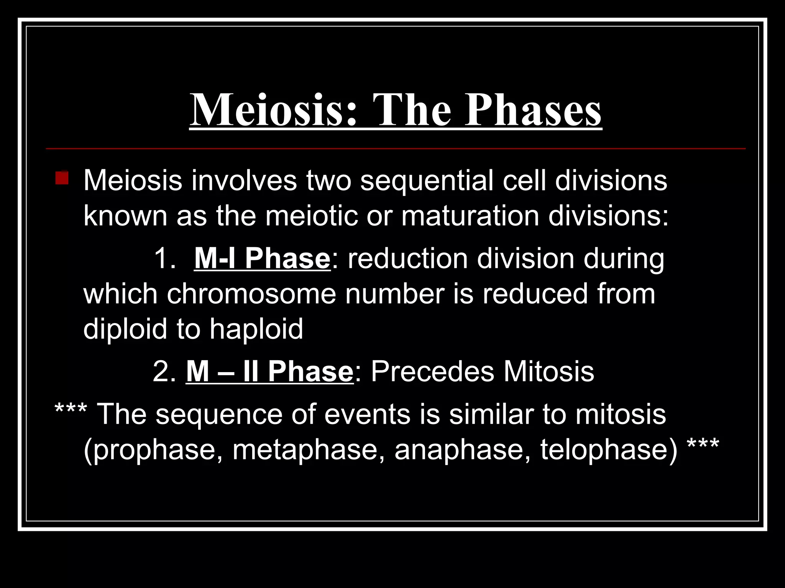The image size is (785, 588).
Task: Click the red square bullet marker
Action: coord(62,178)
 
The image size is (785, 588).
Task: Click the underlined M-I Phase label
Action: coord(262,258)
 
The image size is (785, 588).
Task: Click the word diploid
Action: coord(125,329)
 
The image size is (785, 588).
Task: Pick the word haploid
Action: coord(256,329)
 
